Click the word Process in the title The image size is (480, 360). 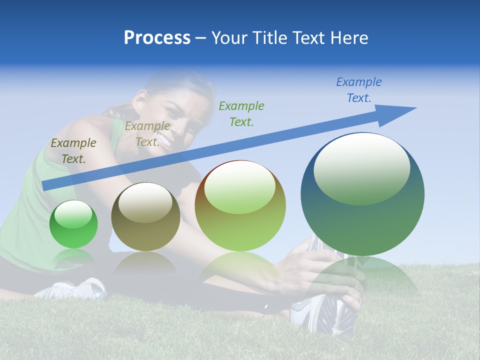[157, 38]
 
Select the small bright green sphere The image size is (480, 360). [73, 224]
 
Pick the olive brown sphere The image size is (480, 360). [145, 217]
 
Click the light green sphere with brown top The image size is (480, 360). [240, 206]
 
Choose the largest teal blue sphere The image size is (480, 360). [362, 195]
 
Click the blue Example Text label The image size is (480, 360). [359, 90]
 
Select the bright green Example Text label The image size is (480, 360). [241, 113]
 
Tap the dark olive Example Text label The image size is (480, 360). [73, 151]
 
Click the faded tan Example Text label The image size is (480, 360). [147, 134]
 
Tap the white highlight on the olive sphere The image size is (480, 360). [145, 202]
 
